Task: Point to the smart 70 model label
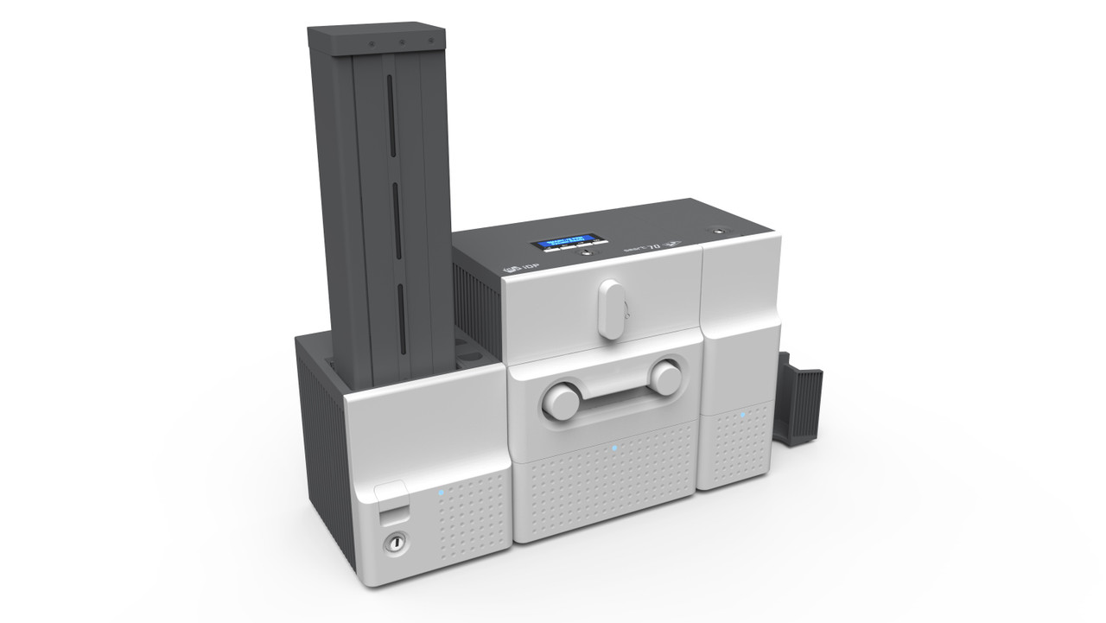click(x=658, y=245)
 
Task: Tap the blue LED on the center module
click(x=613, y=448)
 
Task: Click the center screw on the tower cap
click(x=402, y=41)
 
